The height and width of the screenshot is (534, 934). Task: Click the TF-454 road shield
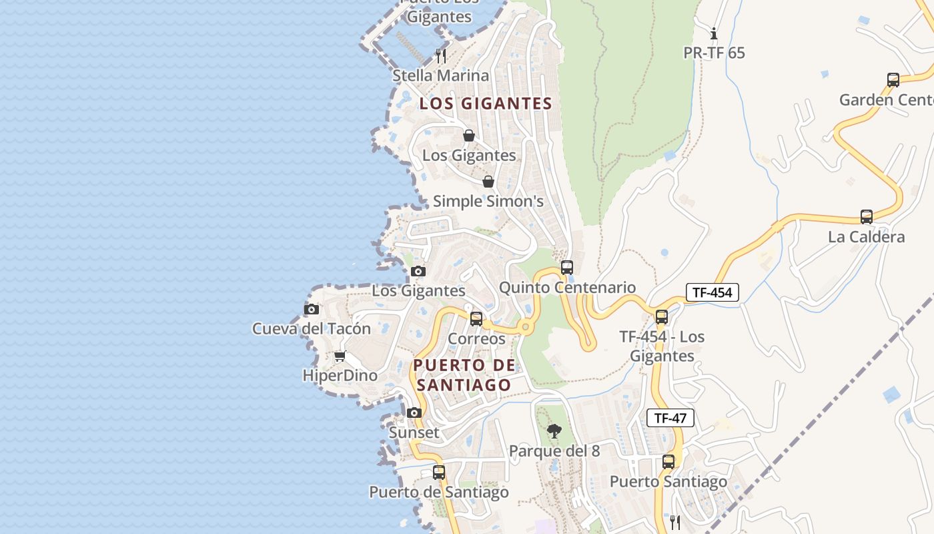click(x=712, y=292)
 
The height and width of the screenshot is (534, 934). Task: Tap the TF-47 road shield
click(x=670, y=419)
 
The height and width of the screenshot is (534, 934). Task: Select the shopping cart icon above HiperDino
click(x=340, y=356)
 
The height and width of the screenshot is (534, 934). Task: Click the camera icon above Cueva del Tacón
click(x=312, y=309)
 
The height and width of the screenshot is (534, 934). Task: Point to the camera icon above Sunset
click(x=414, y=413)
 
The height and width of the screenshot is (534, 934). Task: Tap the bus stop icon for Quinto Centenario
click(x=566, y=268)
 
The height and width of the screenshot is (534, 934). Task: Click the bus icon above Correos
click(x=476, y=319)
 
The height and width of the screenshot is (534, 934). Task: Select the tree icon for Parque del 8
click(x=554, y=431)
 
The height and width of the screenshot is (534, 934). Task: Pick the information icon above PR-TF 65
click(x=714, y=33)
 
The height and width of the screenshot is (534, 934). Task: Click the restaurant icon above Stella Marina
click(x=440, y=55)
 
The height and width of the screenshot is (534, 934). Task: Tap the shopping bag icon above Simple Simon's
click(x=488, y=182)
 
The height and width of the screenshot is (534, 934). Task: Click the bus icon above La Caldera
click(x=866, y=217)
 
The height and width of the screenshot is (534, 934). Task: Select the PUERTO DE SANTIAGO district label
click(x=464, y=375)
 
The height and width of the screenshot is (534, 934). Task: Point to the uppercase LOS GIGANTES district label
click(x=486, y=103)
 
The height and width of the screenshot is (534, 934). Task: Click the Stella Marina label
click(x=440, y=75)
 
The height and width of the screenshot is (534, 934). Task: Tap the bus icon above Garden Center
click(x=893, y=80)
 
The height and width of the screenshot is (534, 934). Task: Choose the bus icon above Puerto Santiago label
click(x=668, y=462)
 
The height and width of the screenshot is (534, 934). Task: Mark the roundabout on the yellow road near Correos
click(x=525, y=327)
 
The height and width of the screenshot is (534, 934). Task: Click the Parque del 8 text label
click(x=554, y=451)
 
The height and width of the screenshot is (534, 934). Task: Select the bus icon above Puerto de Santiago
click(x=438, y=473)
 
